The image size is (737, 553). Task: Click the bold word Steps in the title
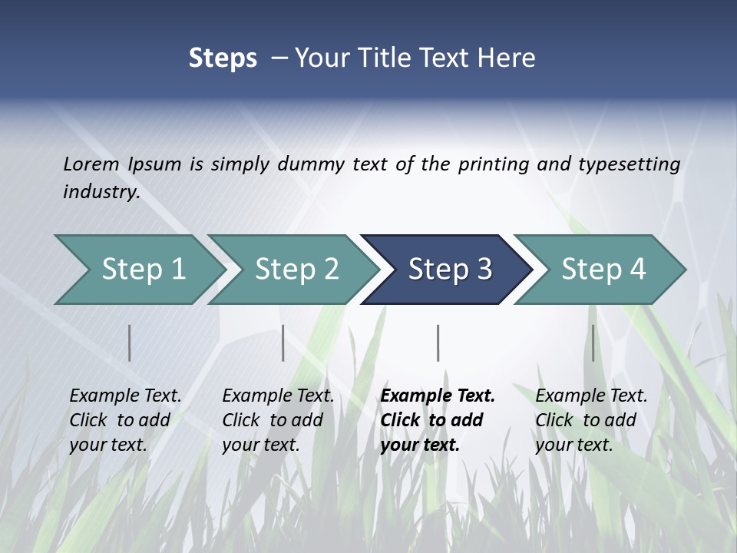[223, 58]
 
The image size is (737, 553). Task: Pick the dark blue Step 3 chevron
[449, 269]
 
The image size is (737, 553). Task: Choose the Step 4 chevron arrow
[603, 269]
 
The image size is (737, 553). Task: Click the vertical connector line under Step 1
[130, 343]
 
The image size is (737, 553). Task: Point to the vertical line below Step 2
[283, 343]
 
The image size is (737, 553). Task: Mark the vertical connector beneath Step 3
[438, 343]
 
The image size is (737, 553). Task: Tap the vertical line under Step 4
[593, 343]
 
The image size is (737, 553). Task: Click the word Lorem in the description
[91, 164]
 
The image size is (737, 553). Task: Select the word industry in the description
[101, 191]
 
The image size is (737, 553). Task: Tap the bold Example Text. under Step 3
[438, 396]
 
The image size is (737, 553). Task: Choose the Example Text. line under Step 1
[125, 396]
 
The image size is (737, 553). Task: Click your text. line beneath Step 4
[573, 445]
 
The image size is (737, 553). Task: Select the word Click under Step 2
[242, 420]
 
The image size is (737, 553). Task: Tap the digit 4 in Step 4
[637, 269]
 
